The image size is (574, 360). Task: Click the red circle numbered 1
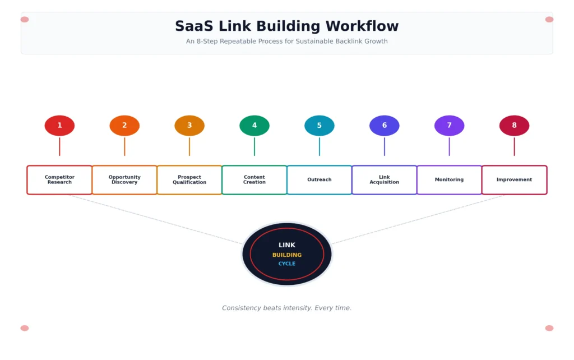(x=59, y=126)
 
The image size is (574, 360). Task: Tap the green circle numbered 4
(x=254, y=126)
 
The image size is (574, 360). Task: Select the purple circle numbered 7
(x=449, y=126)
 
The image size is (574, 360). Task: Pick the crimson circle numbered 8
(x=515, y=126)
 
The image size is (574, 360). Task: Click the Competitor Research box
(x=59, y=180)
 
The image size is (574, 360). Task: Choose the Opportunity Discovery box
(x=124, y=180)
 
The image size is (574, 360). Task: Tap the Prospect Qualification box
(x=189, y=180)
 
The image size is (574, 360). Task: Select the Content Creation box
(x=254, y=180)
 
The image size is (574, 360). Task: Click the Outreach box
(x=320, y=180)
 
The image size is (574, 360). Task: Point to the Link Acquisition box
(x=385, y=180)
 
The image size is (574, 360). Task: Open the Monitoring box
(x=449, y=180)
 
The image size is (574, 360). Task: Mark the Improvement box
(x=515, y=180)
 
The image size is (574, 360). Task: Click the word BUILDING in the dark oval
(x=287, y=255)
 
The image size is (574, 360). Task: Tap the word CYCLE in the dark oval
(x=287, y=264)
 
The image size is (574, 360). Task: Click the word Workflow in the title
(x=362, y=26)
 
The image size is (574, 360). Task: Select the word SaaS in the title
(x=194, y=26)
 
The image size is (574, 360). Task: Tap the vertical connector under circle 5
(x=320, y=146)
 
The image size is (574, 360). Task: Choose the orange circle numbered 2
(x=124, y=126)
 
